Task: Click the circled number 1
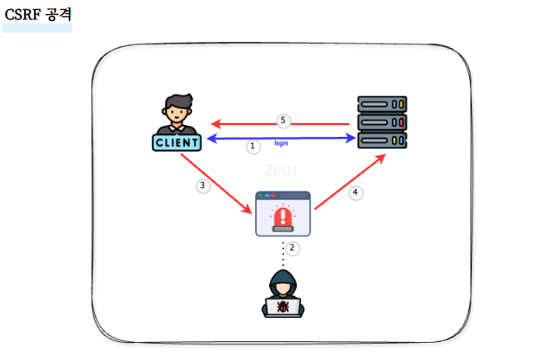[x=252, y=146]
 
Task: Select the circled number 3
[x=203, y=186]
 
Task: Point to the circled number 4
[x=356, y=193]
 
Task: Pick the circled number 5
[x=283, y=121]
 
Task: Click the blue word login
[x=282, y=144]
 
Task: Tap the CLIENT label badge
[x=177, y=142]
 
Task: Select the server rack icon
[x=382, y=122]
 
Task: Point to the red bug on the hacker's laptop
[x=283, y=307]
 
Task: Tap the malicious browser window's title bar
[x=283, y=197]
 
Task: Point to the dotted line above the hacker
[x=283, y=253]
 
